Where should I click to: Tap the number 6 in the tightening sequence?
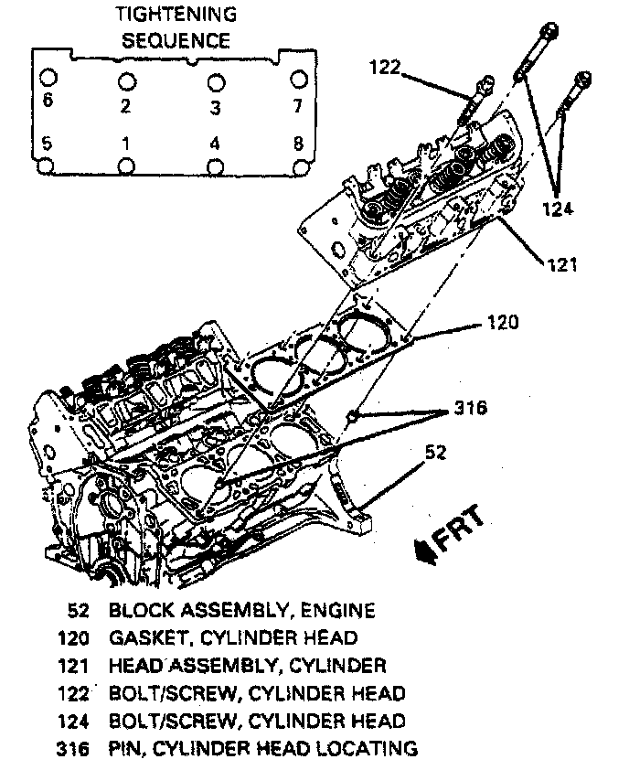[48, 100]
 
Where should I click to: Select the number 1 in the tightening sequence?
[125, 144]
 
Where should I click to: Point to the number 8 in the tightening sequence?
[296, 144]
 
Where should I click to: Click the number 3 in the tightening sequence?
[215, 108]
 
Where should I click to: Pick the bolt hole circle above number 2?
[126, 80]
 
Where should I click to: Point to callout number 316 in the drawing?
[467, 408]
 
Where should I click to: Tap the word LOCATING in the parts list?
[366, 749]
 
